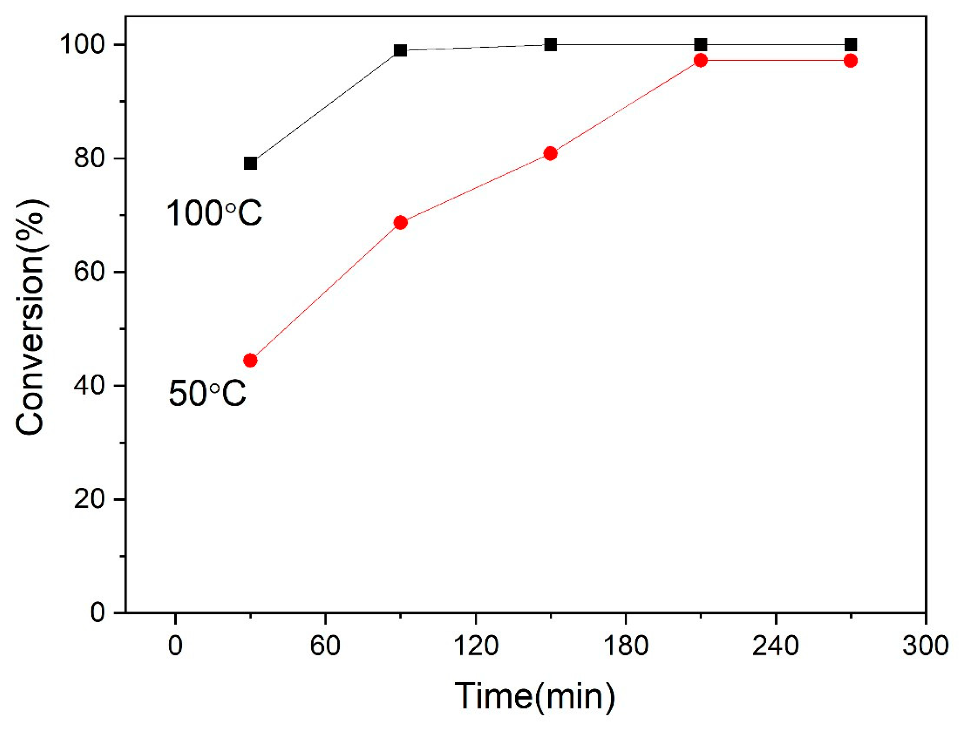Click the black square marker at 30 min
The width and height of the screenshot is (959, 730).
(250, 163)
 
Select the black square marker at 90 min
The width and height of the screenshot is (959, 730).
(400, 50)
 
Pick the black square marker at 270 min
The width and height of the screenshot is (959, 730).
(851, 44)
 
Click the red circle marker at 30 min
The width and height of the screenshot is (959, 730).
(250, 360)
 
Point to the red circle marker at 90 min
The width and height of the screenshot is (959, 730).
(400, 223)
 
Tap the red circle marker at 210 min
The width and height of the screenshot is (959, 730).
(700, 60)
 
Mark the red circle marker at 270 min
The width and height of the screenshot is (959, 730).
(851, 61)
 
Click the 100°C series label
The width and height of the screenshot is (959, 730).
(214, 213)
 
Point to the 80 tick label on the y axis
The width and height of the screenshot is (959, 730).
(90, 158)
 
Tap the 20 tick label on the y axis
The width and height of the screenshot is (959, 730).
(90, 499)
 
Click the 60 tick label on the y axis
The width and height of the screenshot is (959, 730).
(90, 272)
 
